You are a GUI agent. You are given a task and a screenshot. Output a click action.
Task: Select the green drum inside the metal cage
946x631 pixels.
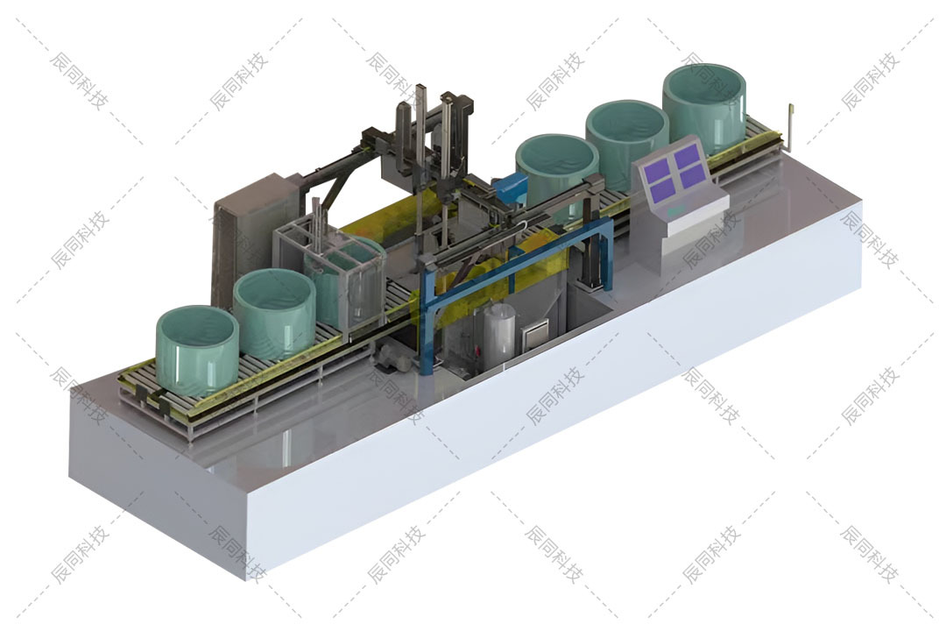(x=344, y=278)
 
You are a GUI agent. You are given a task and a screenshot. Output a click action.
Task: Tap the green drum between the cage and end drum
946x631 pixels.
(x=274, y=314)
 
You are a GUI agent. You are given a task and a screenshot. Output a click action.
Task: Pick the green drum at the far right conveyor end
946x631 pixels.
(x=704, y=109)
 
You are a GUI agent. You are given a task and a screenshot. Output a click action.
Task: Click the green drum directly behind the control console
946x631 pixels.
(x=627, y=145)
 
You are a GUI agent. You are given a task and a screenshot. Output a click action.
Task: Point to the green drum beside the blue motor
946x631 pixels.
(x=556, y=175)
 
